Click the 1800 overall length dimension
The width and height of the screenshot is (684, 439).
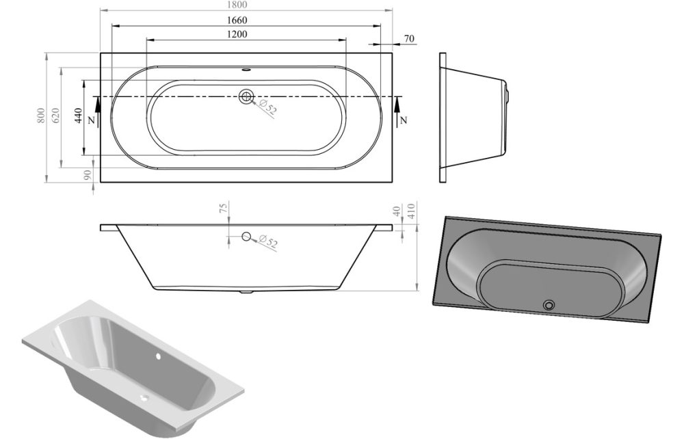(248, 4)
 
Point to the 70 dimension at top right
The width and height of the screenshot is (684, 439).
(408, 39)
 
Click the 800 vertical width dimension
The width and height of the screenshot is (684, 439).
(41, 116)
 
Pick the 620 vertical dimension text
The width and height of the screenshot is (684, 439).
(56, 116)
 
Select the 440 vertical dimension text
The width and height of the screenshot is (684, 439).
(78, 116)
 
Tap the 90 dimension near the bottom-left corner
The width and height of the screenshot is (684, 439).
(88, 175)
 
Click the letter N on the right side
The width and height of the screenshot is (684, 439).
(404, 120)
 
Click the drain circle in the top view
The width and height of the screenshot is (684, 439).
(246, 96)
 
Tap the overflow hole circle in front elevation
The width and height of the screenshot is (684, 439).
(246, 237)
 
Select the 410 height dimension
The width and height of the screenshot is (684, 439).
(412, 209)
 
